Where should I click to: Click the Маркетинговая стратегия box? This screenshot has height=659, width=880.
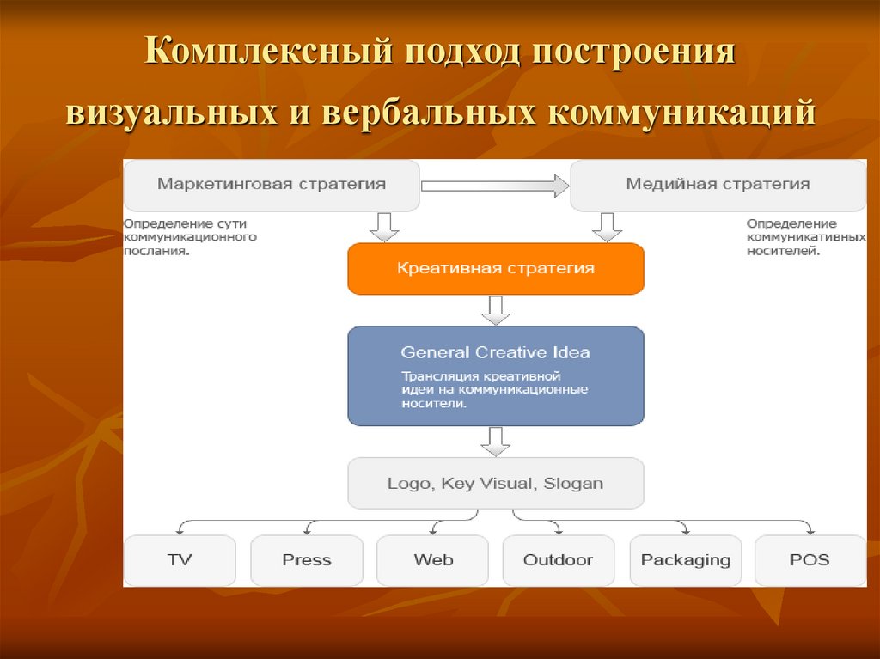[x=272, y=184]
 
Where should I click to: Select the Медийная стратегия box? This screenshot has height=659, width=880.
[x=718, y=184]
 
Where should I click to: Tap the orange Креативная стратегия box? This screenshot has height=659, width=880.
[x=495, y=268]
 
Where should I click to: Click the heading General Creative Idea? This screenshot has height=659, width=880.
[x=495, y=352]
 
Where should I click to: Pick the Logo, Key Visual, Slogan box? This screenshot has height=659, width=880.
[x=495, y=483]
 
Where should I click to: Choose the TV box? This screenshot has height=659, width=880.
[x=180, y=560]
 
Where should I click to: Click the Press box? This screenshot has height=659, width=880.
[x=306, y=560]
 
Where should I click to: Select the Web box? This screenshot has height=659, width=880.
[x=433, y=560]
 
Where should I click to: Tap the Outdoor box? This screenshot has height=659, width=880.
[x=558, y=560]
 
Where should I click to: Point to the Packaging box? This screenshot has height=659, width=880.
[x=685, y=560]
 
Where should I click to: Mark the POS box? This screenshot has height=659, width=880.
[x=810, y=560]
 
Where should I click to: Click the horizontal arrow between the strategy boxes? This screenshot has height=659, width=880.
[x=495, y=185]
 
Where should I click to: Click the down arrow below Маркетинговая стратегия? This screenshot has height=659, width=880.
[x=383, y=227]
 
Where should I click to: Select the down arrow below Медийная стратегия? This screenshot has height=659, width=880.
[x=607, y=227]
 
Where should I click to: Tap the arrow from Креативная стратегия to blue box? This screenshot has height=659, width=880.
[x=495, y=310]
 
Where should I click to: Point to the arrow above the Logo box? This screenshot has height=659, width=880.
[x=495, y=441]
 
